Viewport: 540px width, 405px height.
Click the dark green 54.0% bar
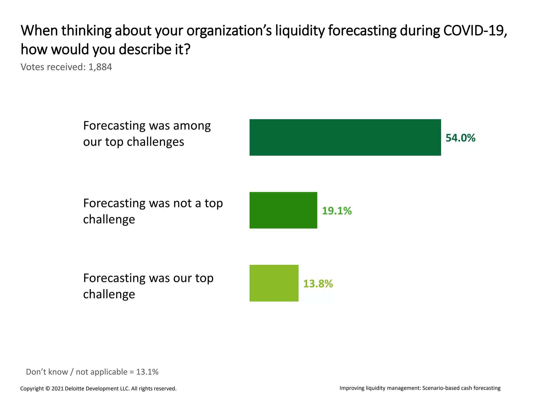point(345,137)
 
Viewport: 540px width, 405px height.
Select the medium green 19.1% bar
point(283,210)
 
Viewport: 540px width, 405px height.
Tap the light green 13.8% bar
point(274,283)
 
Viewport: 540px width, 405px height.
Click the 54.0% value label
point(460,138)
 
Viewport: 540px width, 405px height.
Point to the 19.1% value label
point(337,211)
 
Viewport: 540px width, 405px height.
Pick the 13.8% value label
point(318,284)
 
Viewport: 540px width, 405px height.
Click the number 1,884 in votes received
point(100,67)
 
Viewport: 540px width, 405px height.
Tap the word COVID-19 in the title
point(475,31)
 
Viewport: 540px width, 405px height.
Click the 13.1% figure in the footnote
point(147,372)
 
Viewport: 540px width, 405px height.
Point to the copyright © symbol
point(48,388)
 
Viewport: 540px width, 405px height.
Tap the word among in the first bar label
point(192,126)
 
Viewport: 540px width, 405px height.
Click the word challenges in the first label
point(155,142)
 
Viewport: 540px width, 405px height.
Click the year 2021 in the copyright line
point(57,388)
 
